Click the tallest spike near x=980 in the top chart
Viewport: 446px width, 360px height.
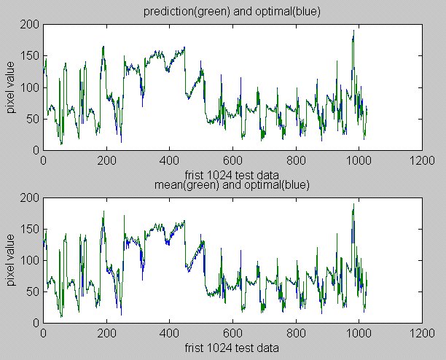353,32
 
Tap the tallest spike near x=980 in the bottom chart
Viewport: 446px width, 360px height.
353,206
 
